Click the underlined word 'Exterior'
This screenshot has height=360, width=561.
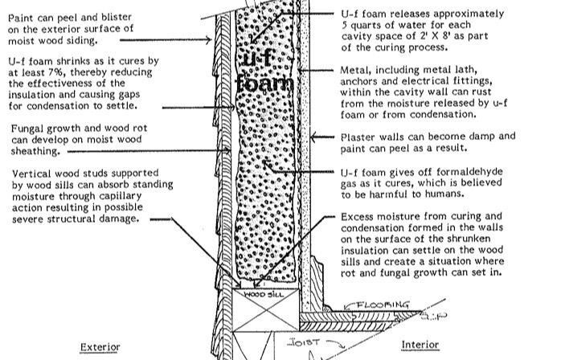100,347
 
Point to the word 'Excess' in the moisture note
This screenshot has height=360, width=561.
358,216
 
